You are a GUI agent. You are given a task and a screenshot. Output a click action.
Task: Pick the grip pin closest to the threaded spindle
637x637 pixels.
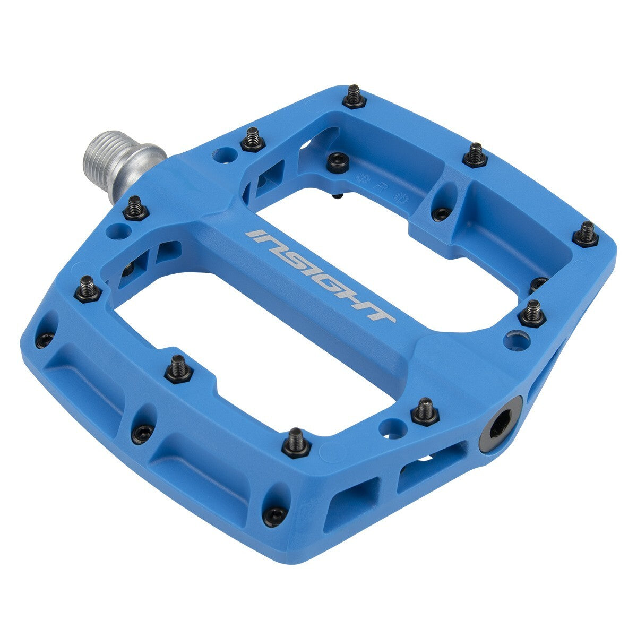point(135,207)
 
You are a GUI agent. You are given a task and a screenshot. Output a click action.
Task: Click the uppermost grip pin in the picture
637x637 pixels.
point(354,96)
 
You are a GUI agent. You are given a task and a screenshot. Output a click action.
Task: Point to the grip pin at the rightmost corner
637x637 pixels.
point(586,234)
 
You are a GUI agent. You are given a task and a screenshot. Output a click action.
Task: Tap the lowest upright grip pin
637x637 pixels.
point(296,442)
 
